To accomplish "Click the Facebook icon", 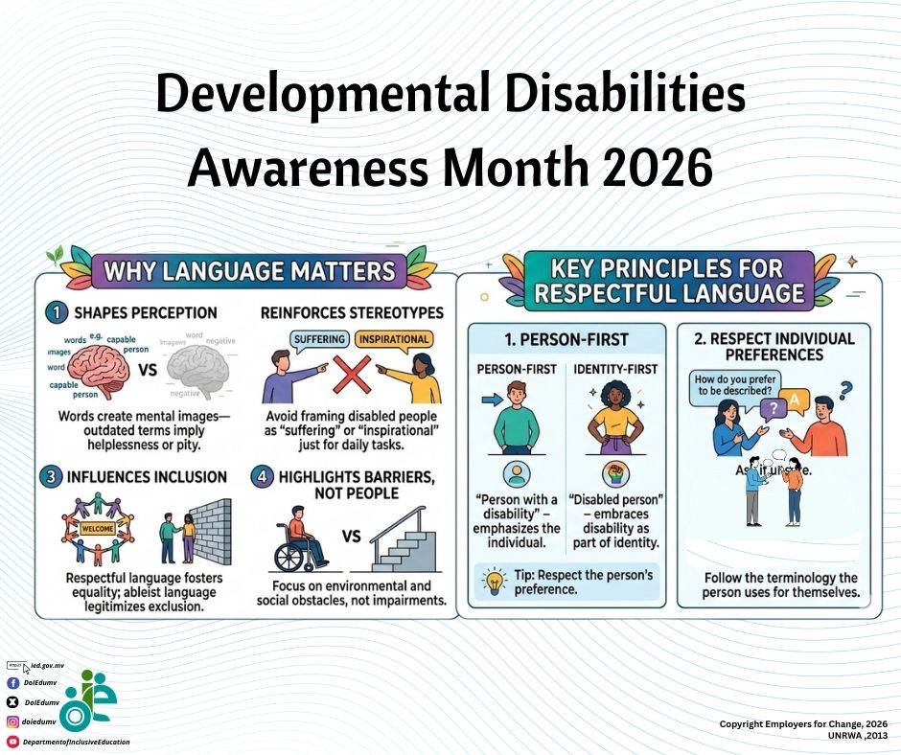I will pos(13,683).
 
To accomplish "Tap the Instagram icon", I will pos(13,721).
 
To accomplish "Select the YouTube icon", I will pos(13,742).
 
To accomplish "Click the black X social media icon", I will pos(13,702).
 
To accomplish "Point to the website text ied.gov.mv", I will pos(47,664).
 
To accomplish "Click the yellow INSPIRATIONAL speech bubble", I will pos(393,339).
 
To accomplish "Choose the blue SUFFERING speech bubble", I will pos(318,339).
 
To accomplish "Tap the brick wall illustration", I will pos(211,529).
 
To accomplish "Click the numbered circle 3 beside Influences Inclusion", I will pos(55,476).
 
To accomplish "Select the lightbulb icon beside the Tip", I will pos(496,578).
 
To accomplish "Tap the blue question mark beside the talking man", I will pos(844,390).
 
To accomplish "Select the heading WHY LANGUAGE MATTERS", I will pos(248,270).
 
